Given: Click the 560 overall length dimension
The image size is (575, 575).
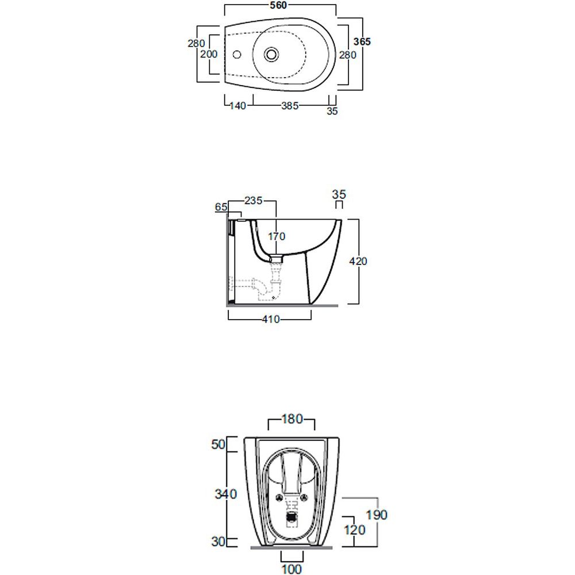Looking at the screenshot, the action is point(278,5).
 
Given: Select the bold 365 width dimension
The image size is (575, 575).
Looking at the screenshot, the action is point(362,42).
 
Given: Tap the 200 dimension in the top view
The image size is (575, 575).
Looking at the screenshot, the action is point(209,54).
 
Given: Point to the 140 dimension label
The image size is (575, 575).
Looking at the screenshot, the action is point(237,106).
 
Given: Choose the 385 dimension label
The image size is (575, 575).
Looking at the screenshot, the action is point(290,106).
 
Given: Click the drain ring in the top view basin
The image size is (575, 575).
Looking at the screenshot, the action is point(271,55).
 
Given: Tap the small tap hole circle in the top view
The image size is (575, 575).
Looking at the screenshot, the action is point(237,55).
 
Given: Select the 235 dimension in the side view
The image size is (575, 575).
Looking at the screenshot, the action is point(254,201).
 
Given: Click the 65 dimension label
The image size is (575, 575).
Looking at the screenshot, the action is point(221,207).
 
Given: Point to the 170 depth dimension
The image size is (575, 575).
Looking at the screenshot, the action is point(277,236).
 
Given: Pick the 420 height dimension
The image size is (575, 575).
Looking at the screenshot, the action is point(358,262).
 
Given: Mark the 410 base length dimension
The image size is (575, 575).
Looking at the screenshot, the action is point(271,319).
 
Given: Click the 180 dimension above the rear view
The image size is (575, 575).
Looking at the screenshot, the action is point(292,419).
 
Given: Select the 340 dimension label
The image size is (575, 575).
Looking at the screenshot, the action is point(226,494).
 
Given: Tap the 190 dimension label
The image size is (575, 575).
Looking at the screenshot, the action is point(377,515).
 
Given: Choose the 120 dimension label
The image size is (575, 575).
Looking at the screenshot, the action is point(355,530).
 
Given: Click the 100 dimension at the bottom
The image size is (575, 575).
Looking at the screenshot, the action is point(292,569).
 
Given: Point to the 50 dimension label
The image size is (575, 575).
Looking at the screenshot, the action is point(218,444).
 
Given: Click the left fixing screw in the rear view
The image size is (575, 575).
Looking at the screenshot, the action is point(279,497).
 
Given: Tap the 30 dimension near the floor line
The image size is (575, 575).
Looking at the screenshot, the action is point(218,542).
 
